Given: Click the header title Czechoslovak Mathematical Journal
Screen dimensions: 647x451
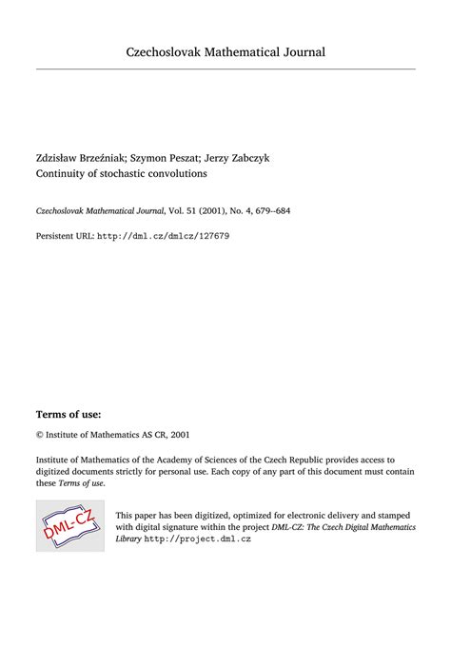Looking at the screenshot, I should [x=225, y=50].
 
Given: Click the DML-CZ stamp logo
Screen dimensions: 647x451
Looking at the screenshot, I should [x=69, y=524].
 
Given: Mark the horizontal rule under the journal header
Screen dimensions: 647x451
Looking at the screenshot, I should [x=225, y=69].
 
